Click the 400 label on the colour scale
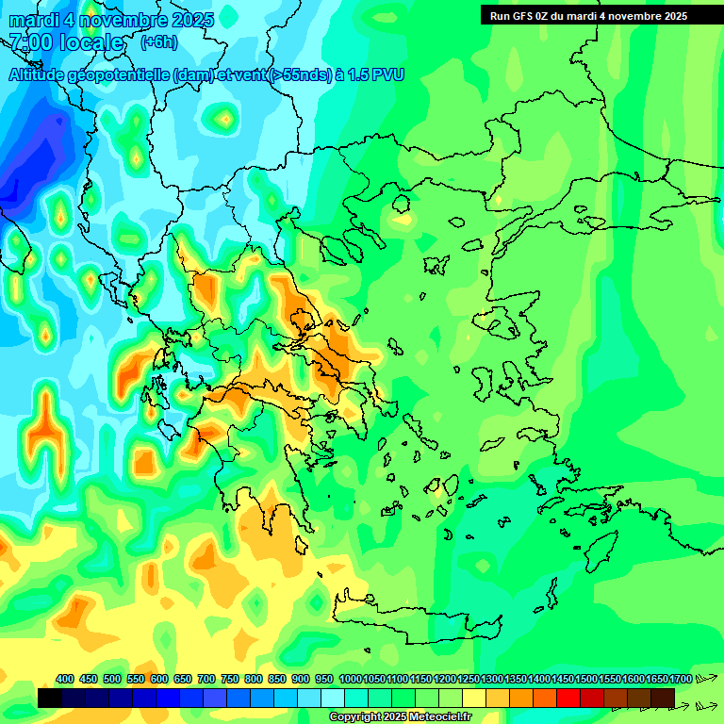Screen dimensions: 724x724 (65, 679)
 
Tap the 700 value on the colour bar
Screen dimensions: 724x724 (206, 679)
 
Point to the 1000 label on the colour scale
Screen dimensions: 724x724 (350, 679)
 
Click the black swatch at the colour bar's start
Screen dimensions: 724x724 (50, 698)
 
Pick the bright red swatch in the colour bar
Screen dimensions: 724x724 (568, 698)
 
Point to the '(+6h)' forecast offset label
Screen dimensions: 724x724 (158, 42)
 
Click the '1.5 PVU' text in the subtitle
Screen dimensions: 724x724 (375, 75)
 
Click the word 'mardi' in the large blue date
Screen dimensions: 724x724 (35, 20)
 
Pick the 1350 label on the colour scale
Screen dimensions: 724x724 (516, 679)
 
